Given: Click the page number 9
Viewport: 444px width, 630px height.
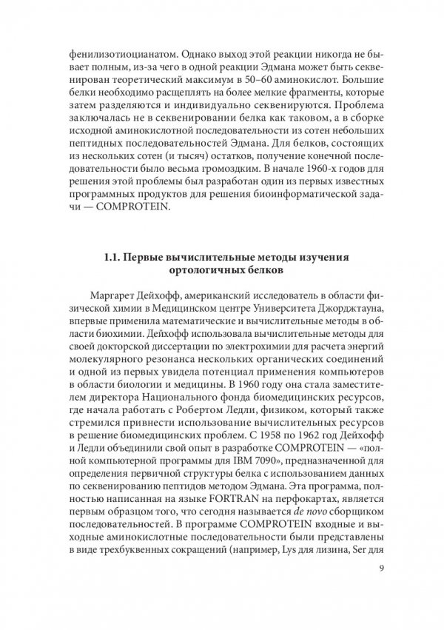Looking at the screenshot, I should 380,569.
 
